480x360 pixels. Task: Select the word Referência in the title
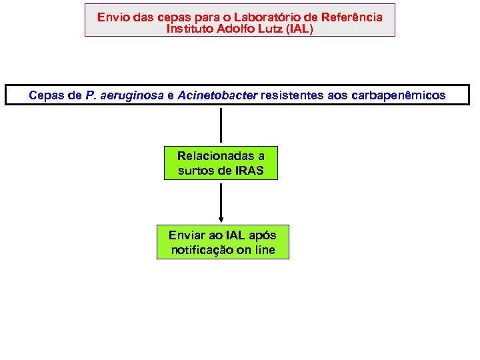point(357,17)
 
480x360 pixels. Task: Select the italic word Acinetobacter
point(217,95)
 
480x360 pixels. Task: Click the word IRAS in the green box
point(249,170)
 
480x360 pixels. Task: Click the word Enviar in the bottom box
point(187,235)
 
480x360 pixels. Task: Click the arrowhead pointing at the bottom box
point(221,219)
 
